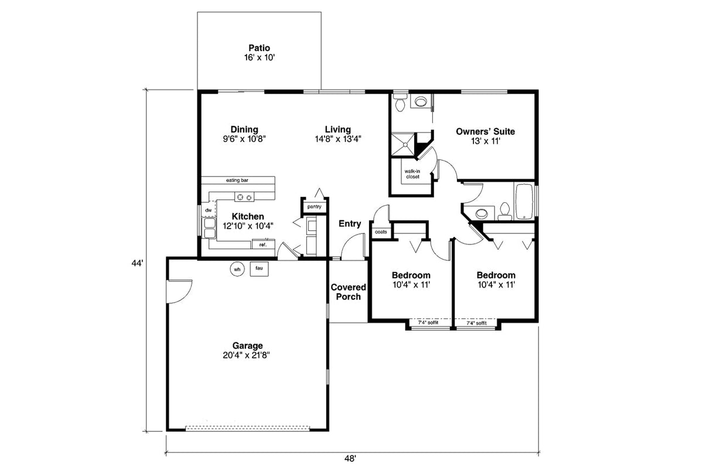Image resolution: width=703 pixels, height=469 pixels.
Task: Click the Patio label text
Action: (260, 48)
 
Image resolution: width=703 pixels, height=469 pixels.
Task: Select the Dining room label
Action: (244, 130)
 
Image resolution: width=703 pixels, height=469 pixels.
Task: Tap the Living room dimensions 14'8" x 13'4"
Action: (338, 140)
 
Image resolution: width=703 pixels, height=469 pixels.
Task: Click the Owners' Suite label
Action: (485, 131)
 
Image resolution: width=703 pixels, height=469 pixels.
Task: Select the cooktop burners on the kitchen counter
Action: (243, 196)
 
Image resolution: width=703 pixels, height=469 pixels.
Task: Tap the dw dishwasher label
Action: (208, 210)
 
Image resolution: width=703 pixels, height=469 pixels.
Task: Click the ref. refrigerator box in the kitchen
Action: (263, 244)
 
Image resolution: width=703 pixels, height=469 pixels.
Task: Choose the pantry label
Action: (314, 206)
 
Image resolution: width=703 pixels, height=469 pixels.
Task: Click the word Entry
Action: (350, 224)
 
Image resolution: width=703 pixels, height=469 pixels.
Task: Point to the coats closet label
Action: (380, 232)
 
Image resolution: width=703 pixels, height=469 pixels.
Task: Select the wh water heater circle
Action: (237, 269)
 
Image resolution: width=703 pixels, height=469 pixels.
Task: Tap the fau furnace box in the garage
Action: (258, 269)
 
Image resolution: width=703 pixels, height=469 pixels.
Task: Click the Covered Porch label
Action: (348, 292)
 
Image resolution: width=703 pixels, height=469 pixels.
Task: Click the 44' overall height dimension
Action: (136, 264)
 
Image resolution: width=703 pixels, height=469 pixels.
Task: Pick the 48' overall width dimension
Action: (350, 459)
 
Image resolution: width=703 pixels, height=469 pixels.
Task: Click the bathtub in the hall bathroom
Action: (524, 201)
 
